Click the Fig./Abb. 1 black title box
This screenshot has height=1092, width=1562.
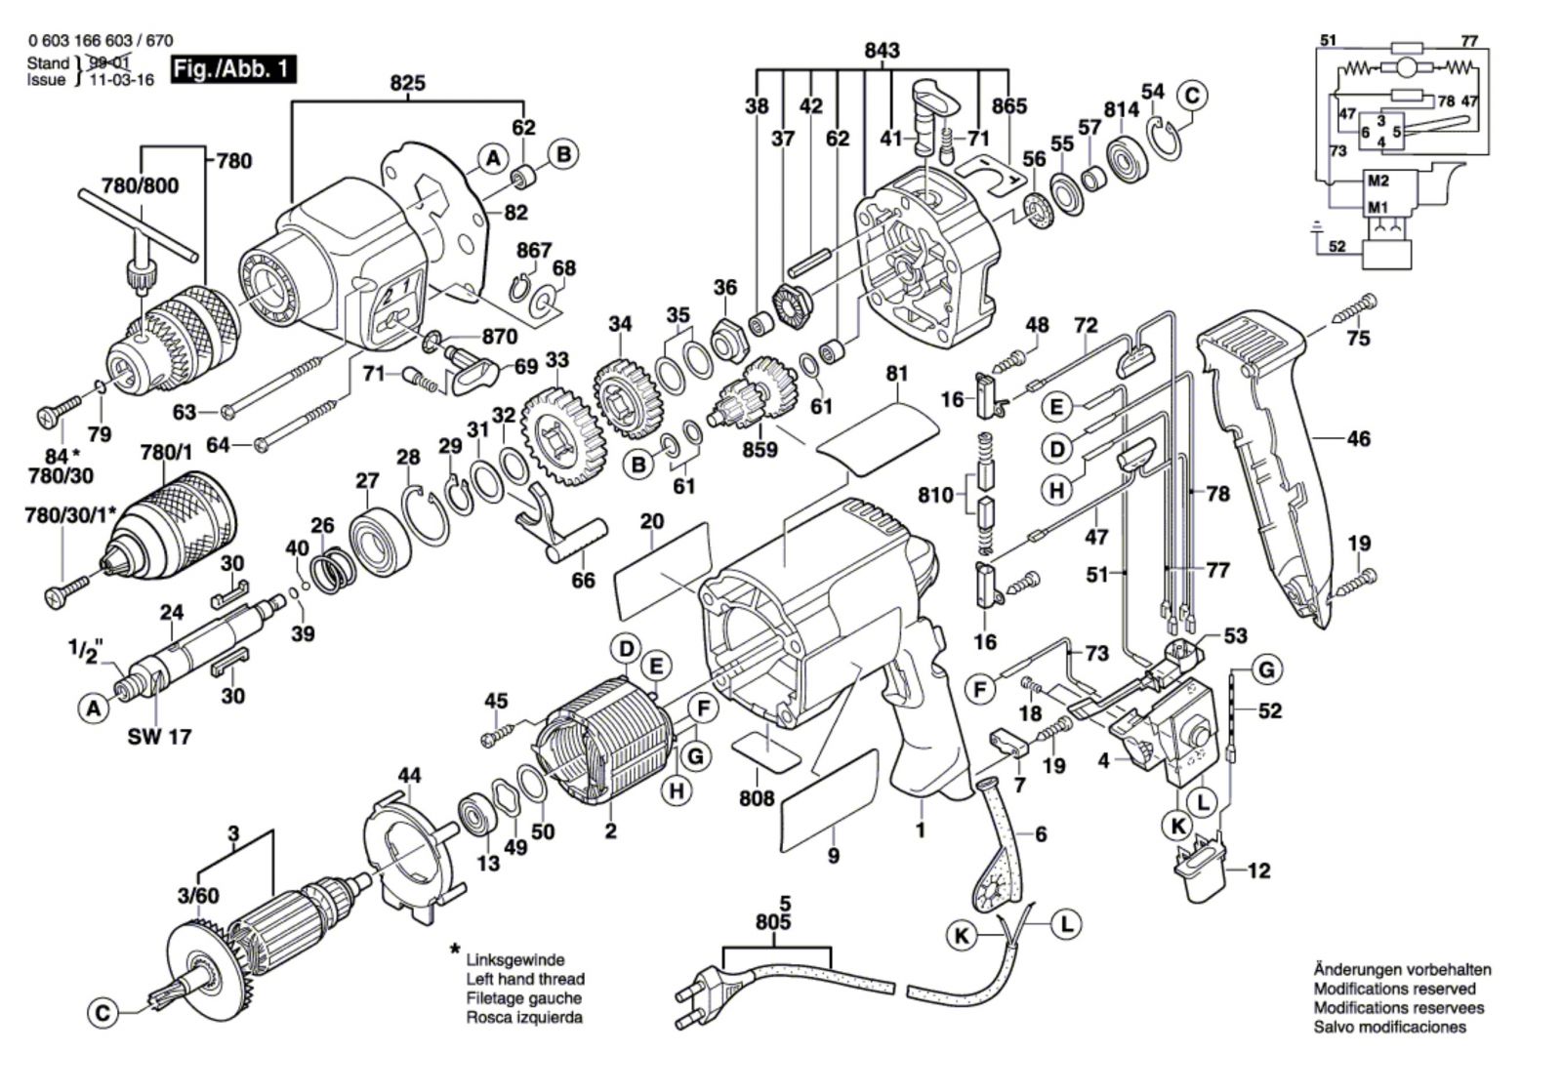(x=232, y=70)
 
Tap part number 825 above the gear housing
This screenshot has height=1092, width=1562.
(x=407, y=83)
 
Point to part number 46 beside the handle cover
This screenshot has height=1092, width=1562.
(x=1358, y=439)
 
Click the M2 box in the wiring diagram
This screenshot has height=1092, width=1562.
(x=1377, y=181)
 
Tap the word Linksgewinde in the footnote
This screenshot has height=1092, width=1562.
(x=514, y=960)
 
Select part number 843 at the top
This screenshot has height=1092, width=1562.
(x=882, y=51)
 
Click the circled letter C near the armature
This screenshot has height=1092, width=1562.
(x=103, y=1014)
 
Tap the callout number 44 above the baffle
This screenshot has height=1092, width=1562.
(x=410, y=776)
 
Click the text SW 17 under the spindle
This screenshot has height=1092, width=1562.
(x=159, y=737)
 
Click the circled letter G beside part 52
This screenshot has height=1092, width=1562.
(x=1266, y=670)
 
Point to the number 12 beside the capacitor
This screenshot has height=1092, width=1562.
(x=1259, y=870)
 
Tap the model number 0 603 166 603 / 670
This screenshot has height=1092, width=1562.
(x=101, y=41)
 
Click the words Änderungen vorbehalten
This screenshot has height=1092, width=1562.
(x=1402, y=970)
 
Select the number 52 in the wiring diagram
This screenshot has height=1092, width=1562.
(x=1336, y=246)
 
